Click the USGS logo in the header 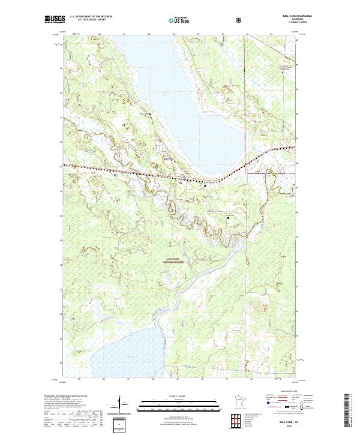[x=55, y=19]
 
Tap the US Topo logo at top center [x=179, y=20]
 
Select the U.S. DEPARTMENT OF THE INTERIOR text [x=91, y=17]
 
